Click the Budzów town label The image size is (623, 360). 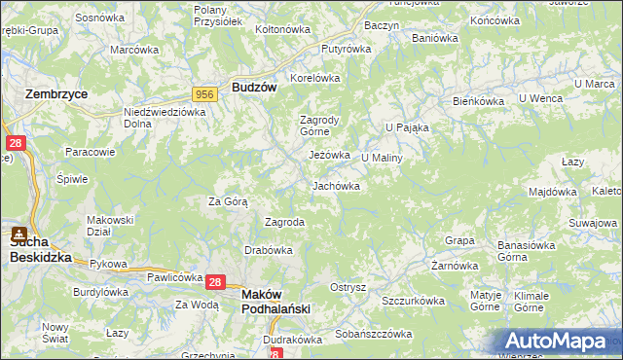pos(254,87)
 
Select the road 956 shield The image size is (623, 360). pos(204,93)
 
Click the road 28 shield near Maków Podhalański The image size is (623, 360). pos(216,282)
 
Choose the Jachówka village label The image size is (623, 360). pos(336,185)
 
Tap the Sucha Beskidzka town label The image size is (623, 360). pos(39,251)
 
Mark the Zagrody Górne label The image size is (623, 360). pos(317,126)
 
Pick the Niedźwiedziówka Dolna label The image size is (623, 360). pos(165,118)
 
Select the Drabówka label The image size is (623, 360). pos(269,249)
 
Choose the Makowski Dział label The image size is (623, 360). pos(109,225)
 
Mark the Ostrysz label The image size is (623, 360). pos(348,287)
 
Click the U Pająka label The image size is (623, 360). pos(406,126)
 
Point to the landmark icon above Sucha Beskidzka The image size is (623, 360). pos(18,234)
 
